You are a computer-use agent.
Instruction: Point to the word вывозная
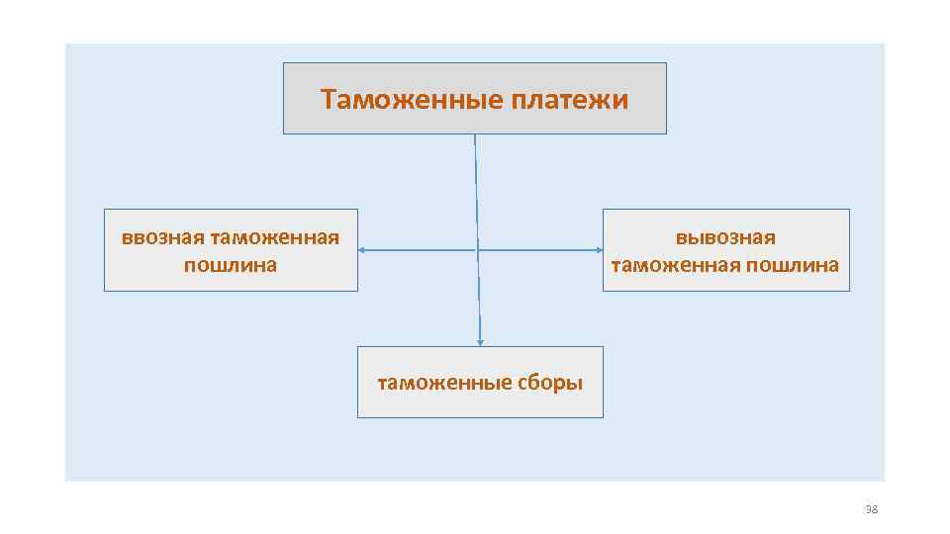(725, 237)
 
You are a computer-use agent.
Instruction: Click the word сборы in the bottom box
(549, 383)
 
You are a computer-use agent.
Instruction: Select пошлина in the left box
(231, 265)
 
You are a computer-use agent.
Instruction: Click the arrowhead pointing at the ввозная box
(362, 250)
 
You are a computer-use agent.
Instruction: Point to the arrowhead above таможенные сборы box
(480, 342)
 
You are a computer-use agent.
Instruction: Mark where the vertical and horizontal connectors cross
(478, 250)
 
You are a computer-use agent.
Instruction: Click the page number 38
(871, 509)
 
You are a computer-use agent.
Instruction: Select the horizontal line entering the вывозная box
(554, 250)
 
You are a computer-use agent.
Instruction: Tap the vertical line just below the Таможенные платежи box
(475, 158)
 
